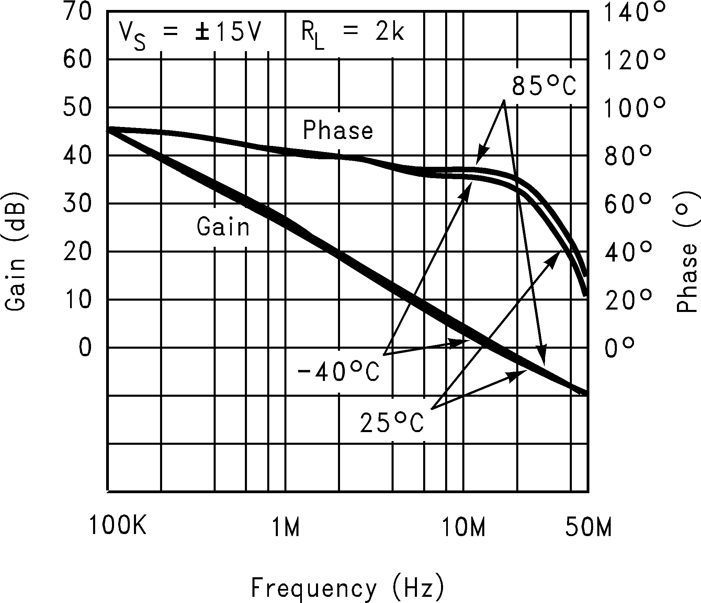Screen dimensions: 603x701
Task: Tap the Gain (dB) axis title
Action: pos(16,252)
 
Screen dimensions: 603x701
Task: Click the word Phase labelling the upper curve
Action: pos(338,131)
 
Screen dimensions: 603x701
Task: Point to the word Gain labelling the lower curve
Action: pos(223,227)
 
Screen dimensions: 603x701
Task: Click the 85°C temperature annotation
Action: pos(544,86)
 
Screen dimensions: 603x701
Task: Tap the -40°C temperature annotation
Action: pos(338,372)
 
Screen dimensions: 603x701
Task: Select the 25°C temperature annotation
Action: pos(392,423)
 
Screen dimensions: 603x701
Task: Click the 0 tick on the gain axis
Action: pos(86,348)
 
